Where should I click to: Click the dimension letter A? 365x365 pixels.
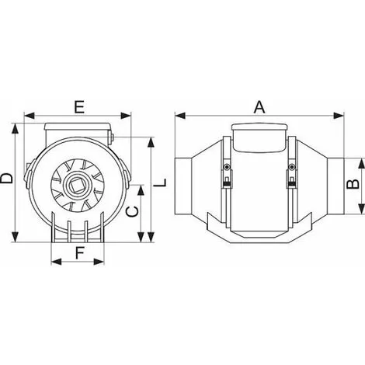click(x=259, y=108)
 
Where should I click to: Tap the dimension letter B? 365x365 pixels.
click(x=351, y=184)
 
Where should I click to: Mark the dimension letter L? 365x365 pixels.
click(x=162, y=184)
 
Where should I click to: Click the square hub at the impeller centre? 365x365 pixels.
click(x=78, y=186)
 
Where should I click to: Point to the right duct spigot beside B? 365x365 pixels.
click(x=333, y=183)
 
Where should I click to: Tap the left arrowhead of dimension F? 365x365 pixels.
click(x=53, y=260)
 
